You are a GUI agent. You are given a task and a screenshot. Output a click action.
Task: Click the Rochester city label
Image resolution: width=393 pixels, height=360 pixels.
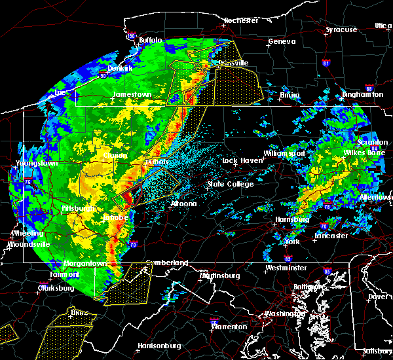241,20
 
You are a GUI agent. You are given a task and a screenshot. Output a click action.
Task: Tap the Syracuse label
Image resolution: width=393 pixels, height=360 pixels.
341,29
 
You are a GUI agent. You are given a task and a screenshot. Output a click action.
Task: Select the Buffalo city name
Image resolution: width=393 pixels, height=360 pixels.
150,41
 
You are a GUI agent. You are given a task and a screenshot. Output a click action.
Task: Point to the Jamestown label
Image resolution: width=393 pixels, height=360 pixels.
132,94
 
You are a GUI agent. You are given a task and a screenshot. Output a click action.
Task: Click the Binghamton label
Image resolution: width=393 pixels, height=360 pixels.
362,95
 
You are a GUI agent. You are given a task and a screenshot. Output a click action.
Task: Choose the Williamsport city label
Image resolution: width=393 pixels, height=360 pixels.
285,153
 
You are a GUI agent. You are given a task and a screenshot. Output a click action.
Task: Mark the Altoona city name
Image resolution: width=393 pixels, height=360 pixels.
183,204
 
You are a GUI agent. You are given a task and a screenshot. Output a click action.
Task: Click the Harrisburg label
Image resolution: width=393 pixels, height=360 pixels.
292,219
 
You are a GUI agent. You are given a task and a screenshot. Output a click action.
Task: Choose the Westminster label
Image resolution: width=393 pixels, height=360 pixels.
286,268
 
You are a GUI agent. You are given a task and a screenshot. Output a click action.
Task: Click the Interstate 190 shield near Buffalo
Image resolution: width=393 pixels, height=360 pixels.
130,36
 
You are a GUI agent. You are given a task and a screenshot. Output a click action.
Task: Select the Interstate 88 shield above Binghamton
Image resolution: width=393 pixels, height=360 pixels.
369,88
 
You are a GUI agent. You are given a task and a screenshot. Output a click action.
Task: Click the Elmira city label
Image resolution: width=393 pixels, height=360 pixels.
290,95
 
